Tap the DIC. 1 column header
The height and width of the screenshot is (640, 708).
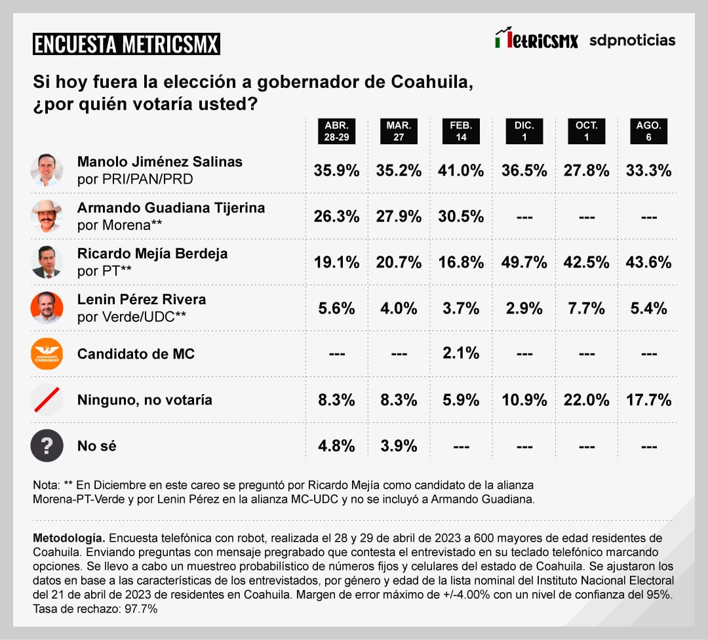(x=524, y=132)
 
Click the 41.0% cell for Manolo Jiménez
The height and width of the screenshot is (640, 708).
(x=461, y=170)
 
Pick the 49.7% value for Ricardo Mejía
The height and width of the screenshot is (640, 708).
(x=524, y=262)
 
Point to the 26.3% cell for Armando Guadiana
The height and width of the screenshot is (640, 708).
(x=336, y=216)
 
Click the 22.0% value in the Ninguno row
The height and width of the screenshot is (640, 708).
(x=585, y=400)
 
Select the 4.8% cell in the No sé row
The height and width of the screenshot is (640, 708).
(x=336, y=446)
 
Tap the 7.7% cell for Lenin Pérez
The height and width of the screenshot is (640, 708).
(x=585, y=308)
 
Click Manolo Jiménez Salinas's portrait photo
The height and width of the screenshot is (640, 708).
(x=47, y=170)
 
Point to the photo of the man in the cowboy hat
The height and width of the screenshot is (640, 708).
(x=47, y=216)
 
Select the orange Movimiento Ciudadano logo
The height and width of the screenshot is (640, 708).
(x=47, y=353)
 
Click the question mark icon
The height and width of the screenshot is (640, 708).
(x=47, y=446)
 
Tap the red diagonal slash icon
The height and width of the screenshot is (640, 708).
(x=47, y=400)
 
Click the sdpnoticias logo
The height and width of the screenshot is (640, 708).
(x=632, y=40)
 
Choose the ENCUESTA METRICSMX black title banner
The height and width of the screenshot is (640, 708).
(x=126, y=45)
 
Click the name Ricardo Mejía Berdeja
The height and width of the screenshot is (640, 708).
(x=152, y=254)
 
